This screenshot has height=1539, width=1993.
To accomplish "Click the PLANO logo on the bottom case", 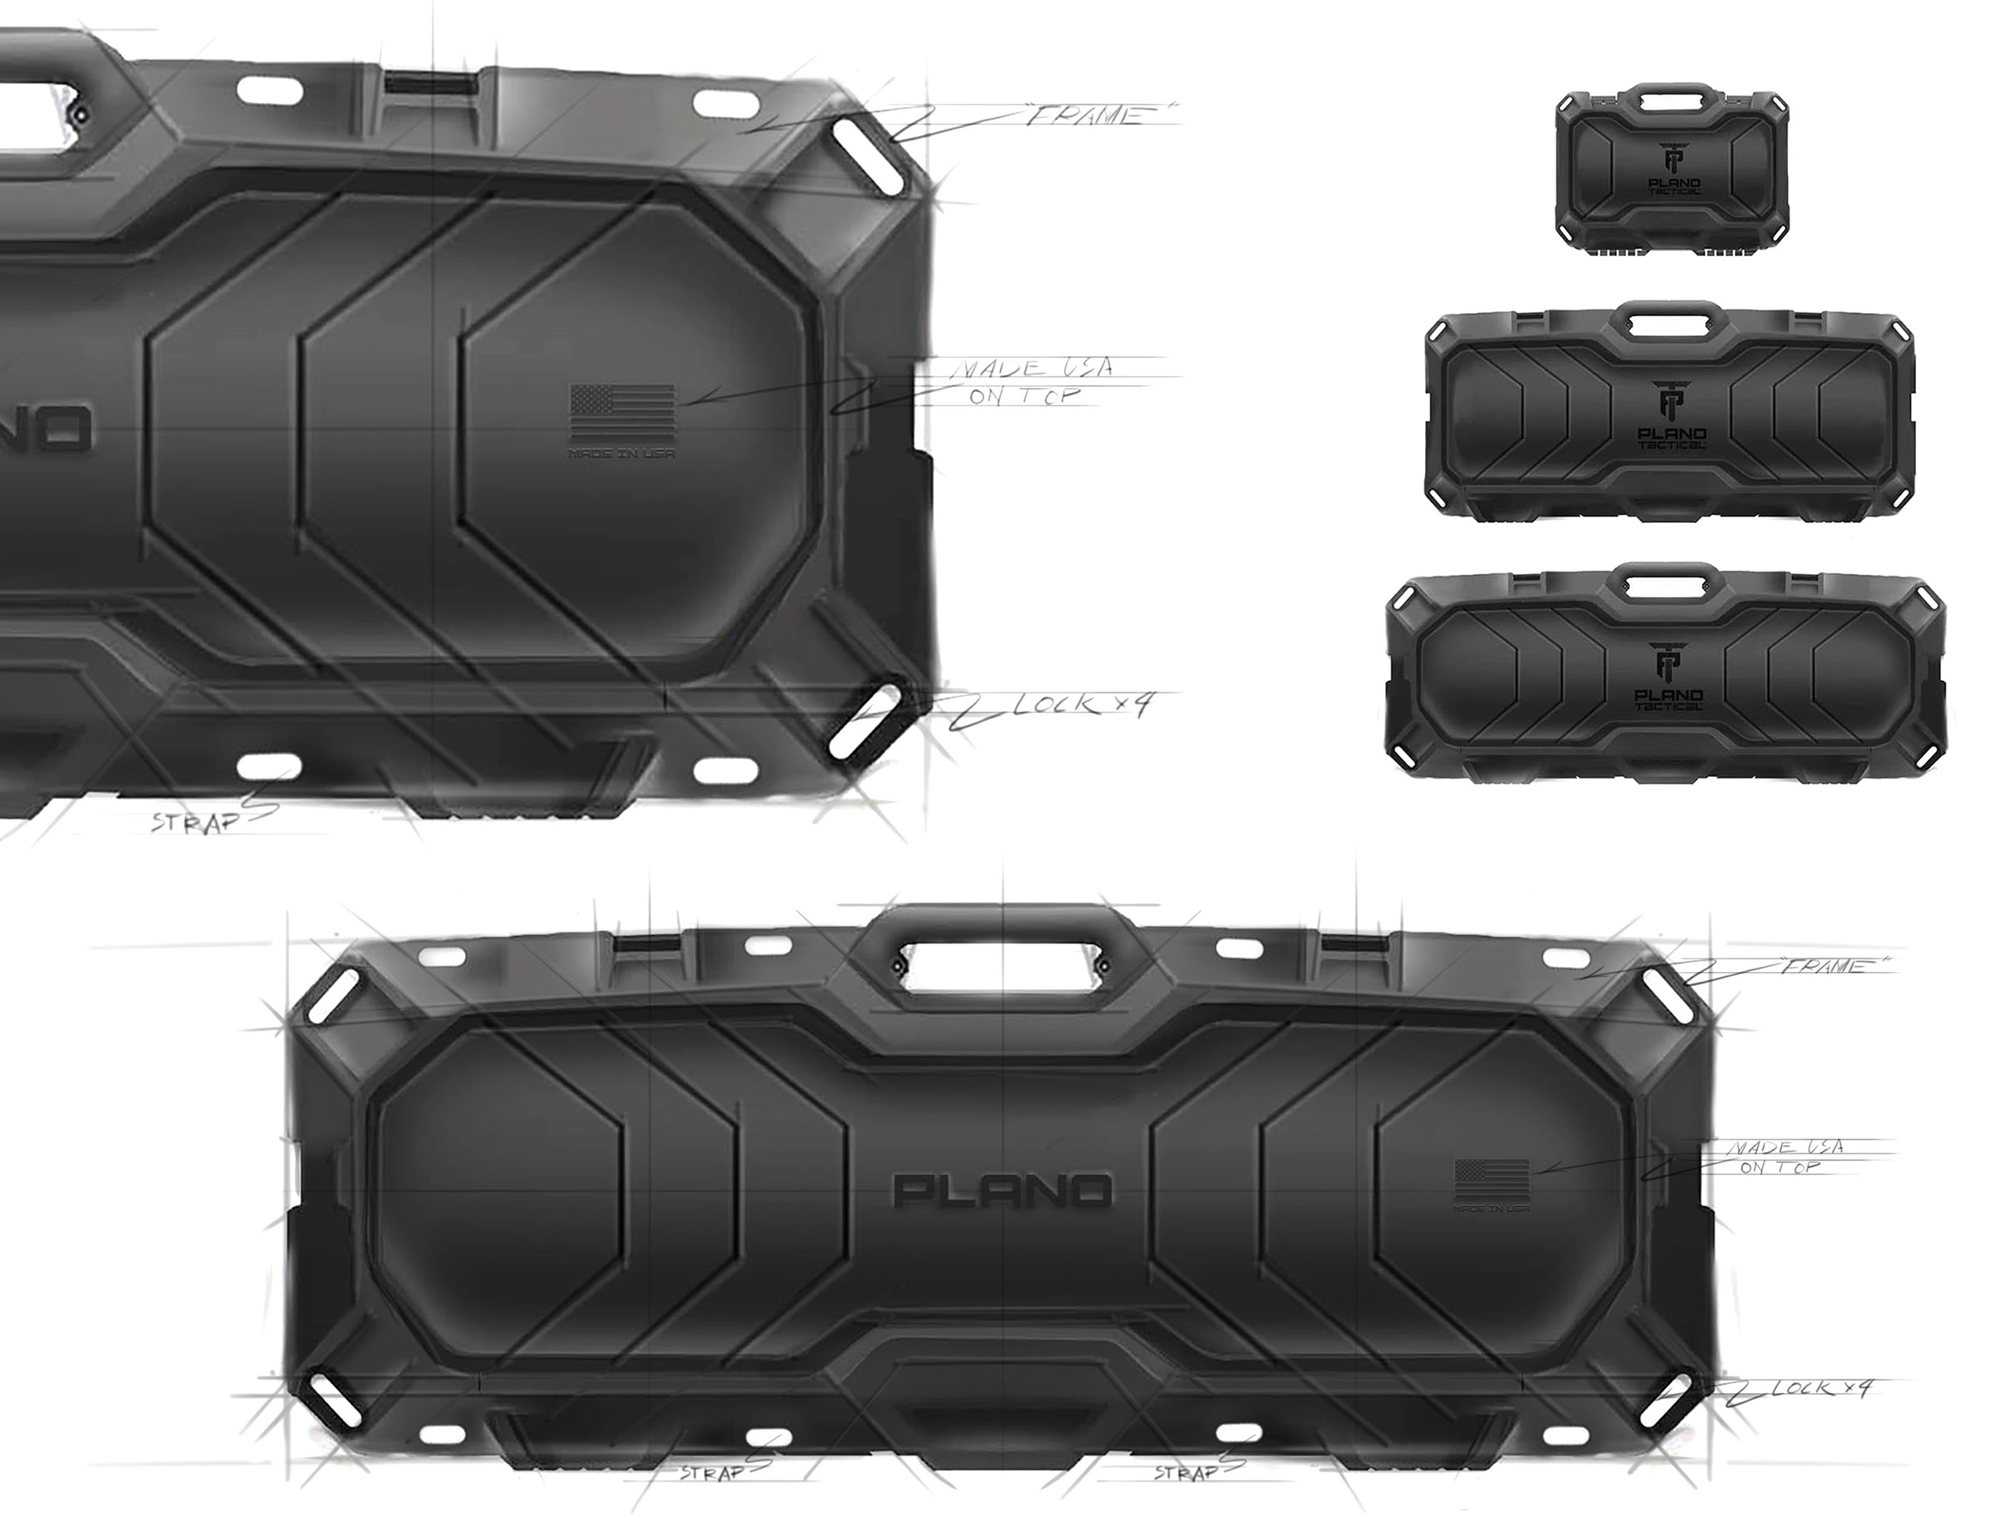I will click(x=1003, y=1190).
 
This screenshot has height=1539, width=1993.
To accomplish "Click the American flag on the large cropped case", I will click(x=622, y=413).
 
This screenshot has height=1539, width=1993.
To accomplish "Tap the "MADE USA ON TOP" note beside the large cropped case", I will click(x=1029, y=381).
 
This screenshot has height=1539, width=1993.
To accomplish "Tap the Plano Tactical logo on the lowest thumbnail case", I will click(x=1668, y=676).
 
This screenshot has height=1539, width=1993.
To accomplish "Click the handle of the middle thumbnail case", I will click(x=1670, y=324).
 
